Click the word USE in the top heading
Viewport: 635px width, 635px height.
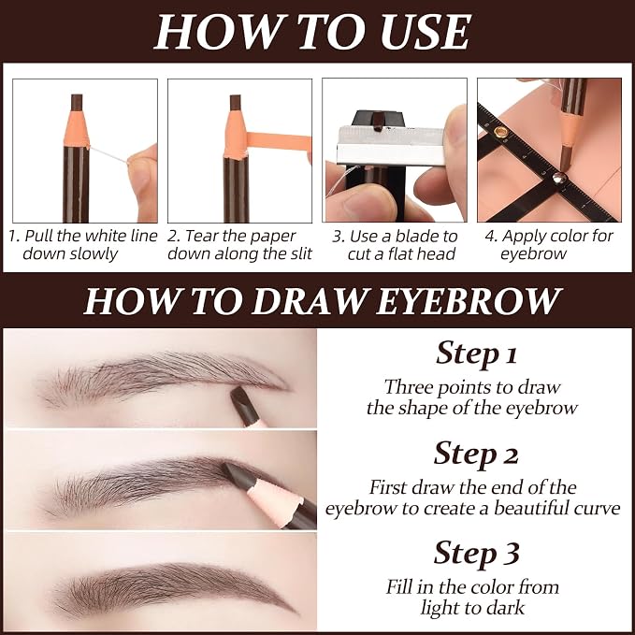(426, 32)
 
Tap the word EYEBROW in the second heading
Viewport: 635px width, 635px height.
(469, 302)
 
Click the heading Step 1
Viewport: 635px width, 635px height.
(476, 354)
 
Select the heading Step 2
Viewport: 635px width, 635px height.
(476, 454)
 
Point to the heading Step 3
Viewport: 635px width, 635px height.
(476, 554)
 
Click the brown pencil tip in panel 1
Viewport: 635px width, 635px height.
(77, 103)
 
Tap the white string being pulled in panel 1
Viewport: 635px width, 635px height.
(108, 154)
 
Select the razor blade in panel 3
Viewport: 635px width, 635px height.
(390, 145)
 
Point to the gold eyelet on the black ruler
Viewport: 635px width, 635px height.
(500, 132)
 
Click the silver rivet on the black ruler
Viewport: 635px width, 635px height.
(559, 177)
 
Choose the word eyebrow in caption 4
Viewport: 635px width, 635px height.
(533, 254)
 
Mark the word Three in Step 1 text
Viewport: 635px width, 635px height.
(408, 387)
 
